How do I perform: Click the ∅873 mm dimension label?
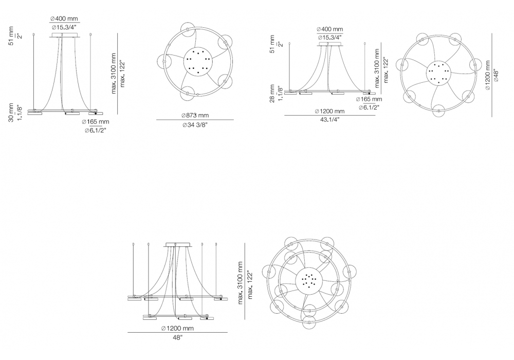(195, 115)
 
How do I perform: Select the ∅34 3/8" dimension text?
(195, 125)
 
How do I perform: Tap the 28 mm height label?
(272, 94)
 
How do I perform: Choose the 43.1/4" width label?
(329, 119)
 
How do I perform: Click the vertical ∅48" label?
(495, 76)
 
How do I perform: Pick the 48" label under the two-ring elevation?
(177, 338)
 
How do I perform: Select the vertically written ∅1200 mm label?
(487, 76)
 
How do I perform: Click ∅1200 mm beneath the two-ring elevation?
(177, 328)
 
